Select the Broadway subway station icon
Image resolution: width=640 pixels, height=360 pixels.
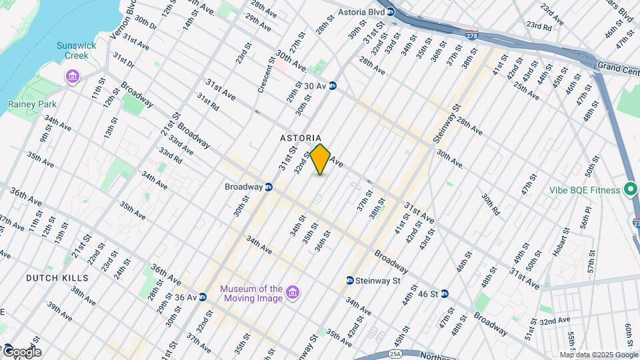(269, 187)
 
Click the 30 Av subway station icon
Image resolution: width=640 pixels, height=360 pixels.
(332, 86)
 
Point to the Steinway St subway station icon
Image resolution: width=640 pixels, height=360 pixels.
(349, 281)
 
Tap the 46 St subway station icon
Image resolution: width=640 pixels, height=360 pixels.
(444, 293)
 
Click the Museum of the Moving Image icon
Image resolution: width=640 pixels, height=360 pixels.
(291, 293)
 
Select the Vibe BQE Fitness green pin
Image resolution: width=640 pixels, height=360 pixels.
(629, 190)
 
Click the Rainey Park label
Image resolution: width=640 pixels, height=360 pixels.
(32, 104)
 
